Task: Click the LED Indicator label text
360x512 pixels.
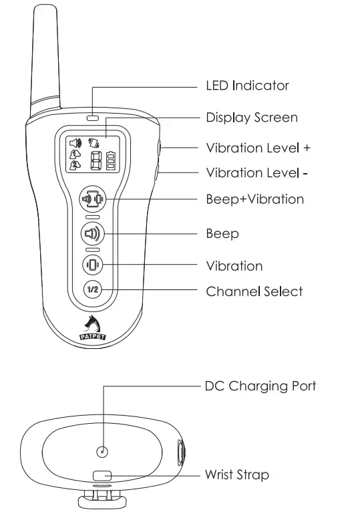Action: click(247, 86)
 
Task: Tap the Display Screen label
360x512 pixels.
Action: click(252, 118)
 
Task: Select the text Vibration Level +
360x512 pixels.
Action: click(258, 148)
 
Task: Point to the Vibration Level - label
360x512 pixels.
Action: click(257, 172)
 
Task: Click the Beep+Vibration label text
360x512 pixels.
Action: click(254, 199)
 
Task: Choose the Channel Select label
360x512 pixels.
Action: click(254, 291)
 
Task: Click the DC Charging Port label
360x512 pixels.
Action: click(260, 386)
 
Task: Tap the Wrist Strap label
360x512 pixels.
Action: click(237, 475)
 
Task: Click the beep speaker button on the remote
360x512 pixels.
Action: click(92, 234)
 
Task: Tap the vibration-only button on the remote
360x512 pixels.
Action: click(92, 265)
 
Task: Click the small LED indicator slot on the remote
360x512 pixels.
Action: click(92, 118)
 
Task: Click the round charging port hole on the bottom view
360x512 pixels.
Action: click(102, 452)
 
